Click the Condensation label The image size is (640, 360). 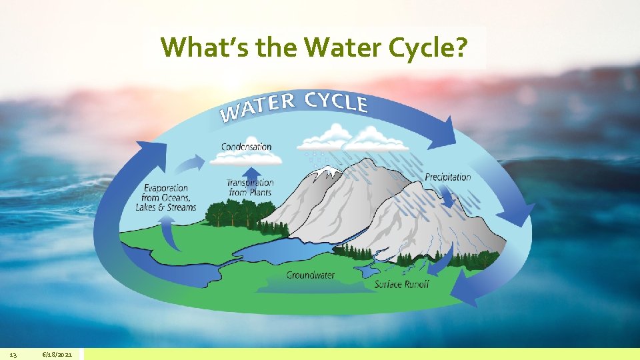pyautogui.click(x=247, y=147)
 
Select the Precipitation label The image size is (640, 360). pyautogui.click(x=448, y=177)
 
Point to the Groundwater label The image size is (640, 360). pyautogui.click(x=311, y=275)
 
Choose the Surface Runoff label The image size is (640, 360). pyautogui.click(x=401, y=285)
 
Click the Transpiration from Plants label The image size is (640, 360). pyautogui.click(x=250, y=187)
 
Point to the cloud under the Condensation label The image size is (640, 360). pyautogui.click(x=245, y=159)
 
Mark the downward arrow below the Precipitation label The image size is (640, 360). pyautogui.click(x=445, y=196)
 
